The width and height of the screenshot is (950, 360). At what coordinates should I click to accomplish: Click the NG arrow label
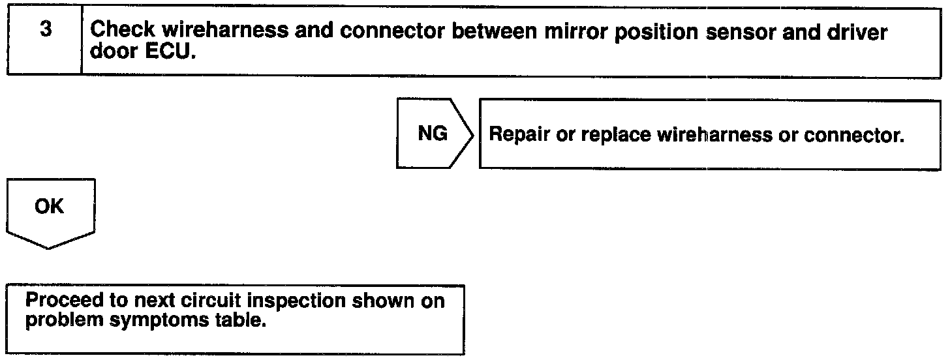[x=433, y=134]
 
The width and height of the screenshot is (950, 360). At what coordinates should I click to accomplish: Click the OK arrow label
[x=50, y=207]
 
